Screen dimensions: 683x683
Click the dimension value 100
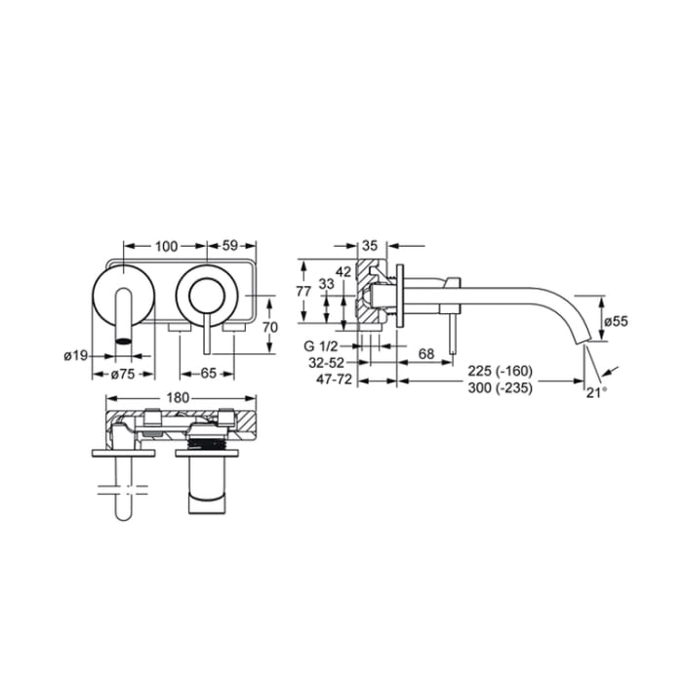[x=166, y=247]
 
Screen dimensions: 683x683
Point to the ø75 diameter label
[x=123, y=373]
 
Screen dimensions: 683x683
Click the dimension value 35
[x=371, y=247]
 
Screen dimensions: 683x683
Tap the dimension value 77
[x=302, y=291]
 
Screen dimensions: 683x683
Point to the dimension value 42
[x=342, y=270]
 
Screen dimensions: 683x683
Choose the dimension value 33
[x=326, y=284]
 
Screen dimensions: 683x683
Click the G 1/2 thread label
[x=322, y=346]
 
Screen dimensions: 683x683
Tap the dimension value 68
[x=425, y=353]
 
